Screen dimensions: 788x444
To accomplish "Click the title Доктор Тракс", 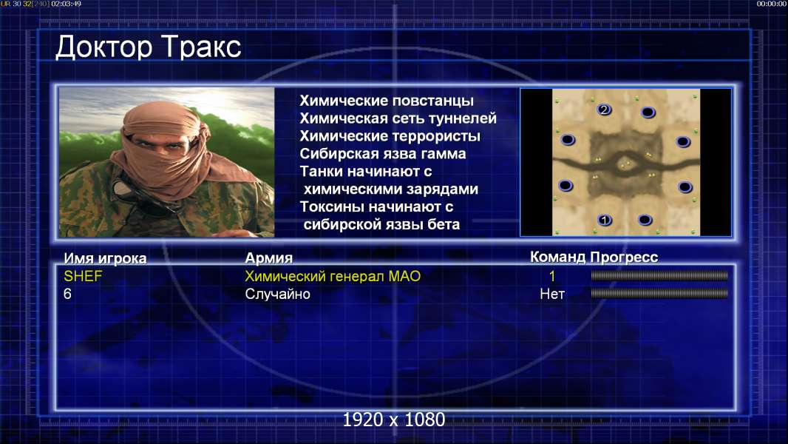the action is pos(149,47).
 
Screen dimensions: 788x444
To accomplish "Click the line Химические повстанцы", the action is pos(387,101).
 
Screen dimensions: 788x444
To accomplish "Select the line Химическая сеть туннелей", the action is pos(398,118).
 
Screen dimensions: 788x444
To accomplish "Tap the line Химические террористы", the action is pos(390,135).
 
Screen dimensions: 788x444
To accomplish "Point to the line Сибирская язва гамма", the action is pos(383,153).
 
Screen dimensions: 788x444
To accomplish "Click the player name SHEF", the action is pos(83,276).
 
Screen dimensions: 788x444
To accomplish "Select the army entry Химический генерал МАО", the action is pos(333,276).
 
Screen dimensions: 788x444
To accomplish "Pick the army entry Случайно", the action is pos(277,294).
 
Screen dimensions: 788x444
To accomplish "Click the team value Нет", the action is pos(552,294).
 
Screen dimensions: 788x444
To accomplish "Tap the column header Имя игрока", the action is pos(105,258).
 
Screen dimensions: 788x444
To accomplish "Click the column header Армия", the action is pos(269,258).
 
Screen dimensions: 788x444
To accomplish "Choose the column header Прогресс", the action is pos(624,257).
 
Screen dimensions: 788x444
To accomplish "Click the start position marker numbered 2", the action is pos(604,110).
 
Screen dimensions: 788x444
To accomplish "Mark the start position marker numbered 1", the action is pos(605,220).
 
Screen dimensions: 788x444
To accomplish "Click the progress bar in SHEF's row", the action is pos(659,275).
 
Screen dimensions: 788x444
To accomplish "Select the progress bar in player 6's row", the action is pos(659,293).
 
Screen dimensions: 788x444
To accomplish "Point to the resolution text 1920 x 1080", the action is pos(394,420).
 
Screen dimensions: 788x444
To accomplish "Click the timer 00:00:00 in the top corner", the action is pos(772,4).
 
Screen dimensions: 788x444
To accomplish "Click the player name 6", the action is pos(67,294).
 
